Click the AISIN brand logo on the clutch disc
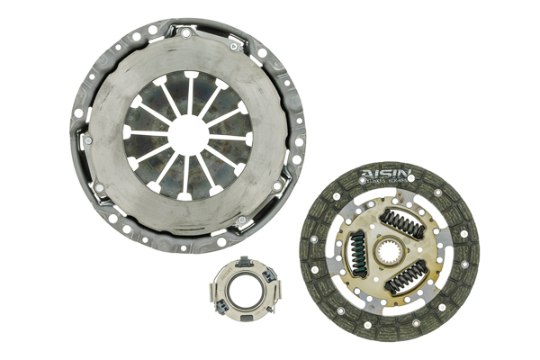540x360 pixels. (386, 173)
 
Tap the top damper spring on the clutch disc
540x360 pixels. (405, 224)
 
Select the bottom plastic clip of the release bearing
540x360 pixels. (243, 319)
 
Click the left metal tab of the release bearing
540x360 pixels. (213, 290)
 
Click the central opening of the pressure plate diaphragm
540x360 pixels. (188, 133)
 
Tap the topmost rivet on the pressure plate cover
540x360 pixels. (185, 33)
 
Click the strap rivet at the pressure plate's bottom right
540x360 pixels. (239, 220)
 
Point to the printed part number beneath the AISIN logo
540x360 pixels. (386, 183)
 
